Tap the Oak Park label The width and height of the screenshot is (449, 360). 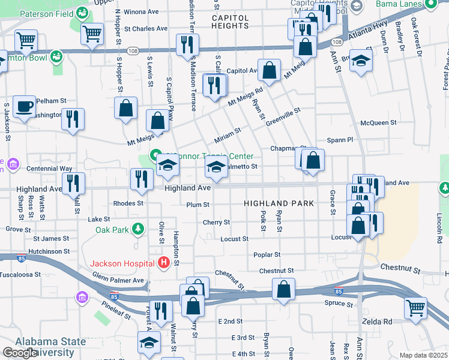pos(112,229)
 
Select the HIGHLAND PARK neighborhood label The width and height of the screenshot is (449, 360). pos(279,203)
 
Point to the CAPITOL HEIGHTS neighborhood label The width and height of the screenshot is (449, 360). pos(230,22)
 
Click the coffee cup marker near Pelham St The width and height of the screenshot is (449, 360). pos(24,107)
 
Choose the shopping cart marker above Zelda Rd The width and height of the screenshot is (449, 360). pos(415,308)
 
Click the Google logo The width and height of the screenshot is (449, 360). pos(20,353)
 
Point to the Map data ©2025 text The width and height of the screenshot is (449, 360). pos(423,355)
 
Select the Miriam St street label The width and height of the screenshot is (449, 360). pos(228,136)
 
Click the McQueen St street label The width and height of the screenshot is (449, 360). pos(378,122)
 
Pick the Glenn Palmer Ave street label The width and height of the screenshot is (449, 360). pos(118,279)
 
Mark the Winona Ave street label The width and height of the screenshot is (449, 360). pos(140,11)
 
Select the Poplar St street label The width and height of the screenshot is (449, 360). pos(267,254)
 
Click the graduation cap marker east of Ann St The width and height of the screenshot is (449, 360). pos(361,61)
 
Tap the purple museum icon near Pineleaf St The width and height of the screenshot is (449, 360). pos(81,297)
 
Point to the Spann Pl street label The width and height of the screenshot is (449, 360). pos(340,140)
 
